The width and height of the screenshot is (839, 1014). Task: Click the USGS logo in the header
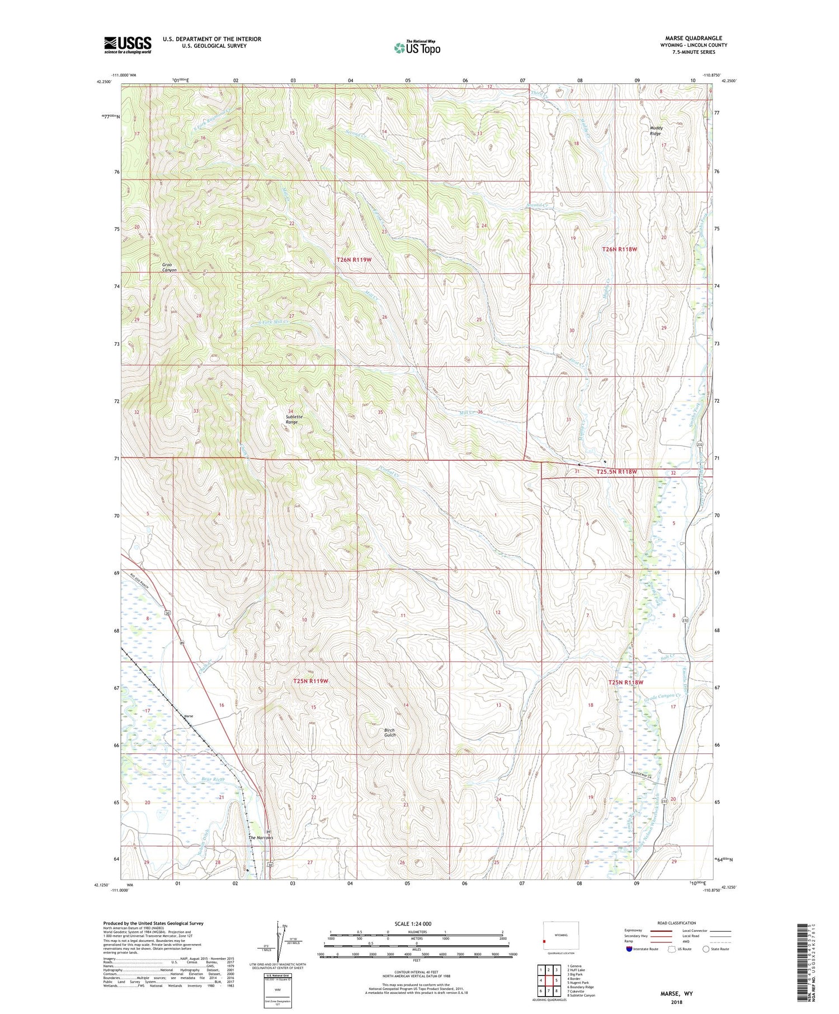point(128,45)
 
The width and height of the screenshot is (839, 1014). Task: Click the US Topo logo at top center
point(417,48)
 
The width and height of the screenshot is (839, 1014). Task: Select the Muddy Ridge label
point(656,131)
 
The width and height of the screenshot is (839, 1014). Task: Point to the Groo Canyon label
point(169,267)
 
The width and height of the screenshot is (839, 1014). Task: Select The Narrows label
point(261,838)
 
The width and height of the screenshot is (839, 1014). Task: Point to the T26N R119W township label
point(354,260)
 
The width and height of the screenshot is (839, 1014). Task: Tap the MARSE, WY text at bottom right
point(676,994)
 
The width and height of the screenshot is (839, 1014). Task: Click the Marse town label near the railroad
point(189,716)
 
